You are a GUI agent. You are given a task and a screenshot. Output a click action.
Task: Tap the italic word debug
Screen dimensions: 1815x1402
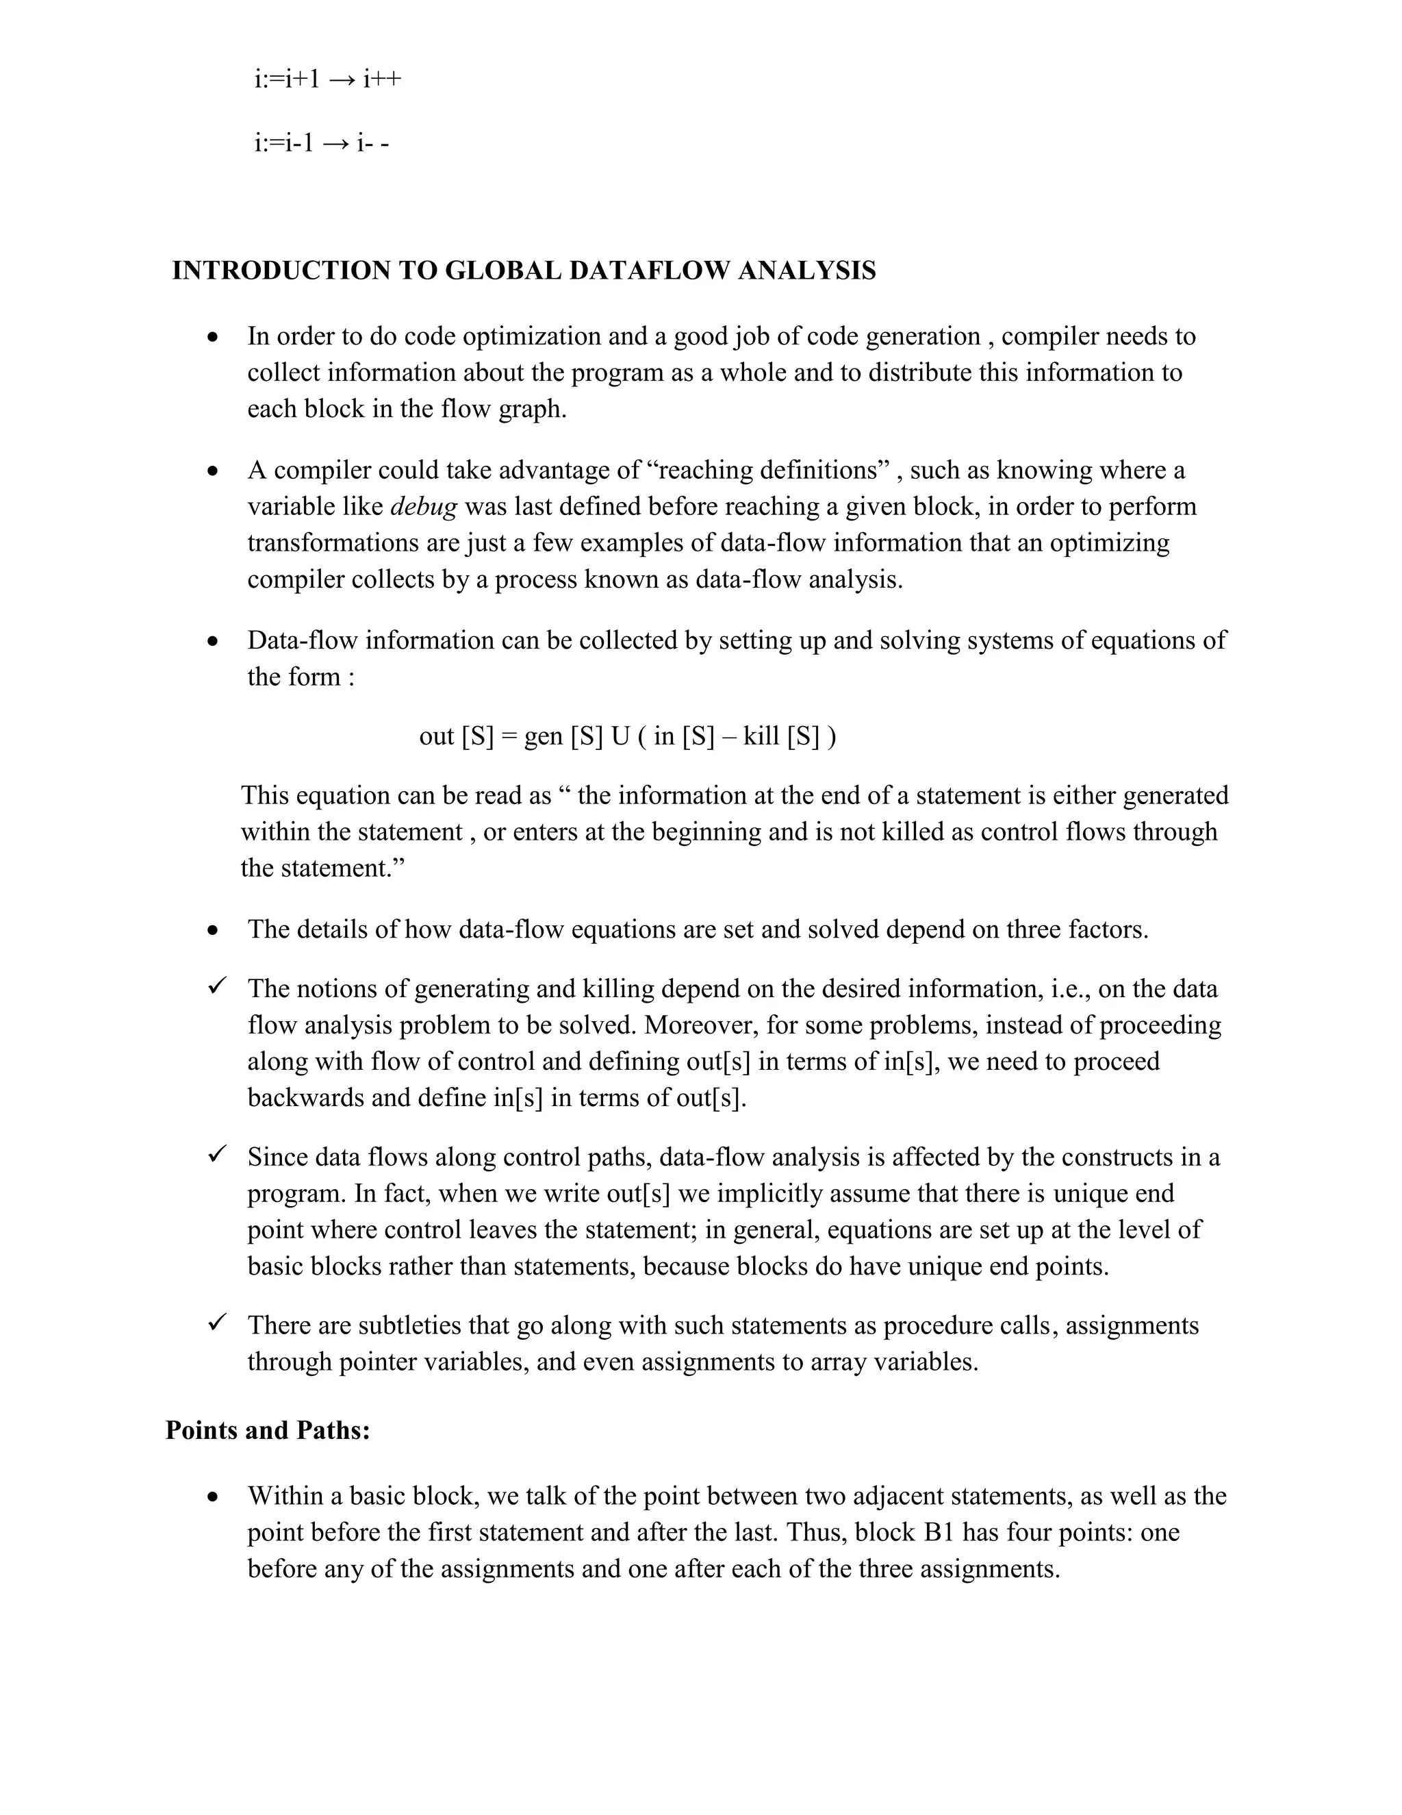click(423, 507)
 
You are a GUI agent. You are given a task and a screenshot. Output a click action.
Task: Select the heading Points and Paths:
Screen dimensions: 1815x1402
click(268, 1430)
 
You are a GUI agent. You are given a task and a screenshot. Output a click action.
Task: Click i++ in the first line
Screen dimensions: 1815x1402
click(382, 79)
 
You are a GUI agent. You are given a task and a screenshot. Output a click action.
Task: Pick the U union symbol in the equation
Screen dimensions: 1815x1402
click(620, 736)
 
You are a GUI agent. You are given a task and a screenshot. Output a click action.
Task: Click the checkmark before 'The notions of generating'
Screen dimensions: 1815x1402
click(218, 986)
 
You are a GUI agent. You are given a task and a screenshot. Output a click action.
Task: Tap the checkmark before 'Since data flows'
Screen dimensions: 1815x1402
click(218, 1155)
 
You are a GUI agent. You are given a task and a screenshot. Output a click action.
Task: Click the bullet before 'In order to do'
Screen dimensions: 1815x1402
click(214, 338)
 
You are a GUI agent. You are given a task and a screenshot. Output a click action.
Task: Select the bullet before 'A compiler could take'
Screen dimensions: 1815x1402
click(214, 471)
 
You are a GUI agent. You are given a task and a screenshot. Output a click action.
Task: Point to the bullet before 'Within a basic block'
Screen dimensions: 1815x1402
click(214, 1497)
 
